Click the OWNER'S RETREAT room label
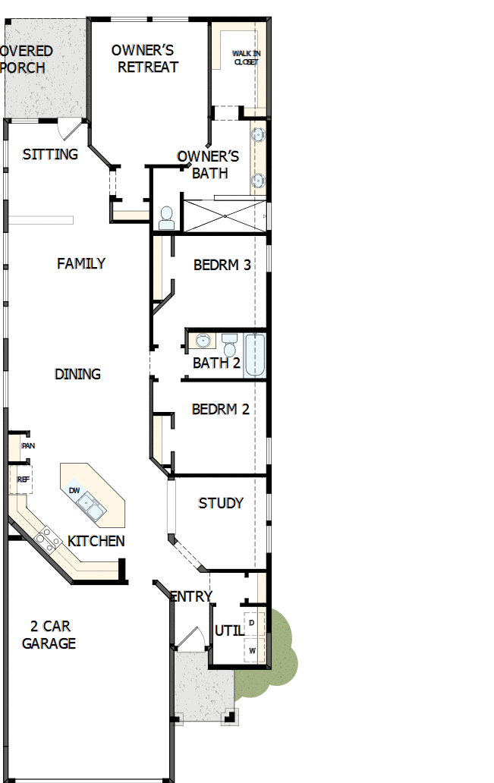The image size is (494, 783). pyautogui.click(x=144, y=58)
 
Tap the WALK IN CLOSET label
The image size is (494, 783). pyautogui.click(x=245, y=57)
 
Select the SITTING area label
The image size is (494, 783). pyautogui.click(x=50, y=154)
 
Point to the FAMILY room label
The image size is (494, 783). pyautogui.click(x=81, y=263)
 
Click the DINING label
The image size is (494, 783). pyautogui.click(x=77, y=374)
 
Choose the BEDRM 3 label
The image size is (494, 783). pyautogui.click(x=222, y=266)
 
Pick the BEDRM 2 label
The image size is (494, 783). pyautogui.click(x=220, y=409)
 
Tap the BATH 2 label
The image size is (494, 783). pyautogui.click(x=216, y=363)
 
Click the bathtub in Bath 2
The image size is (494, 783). pyautogui.click(x=255, y=355)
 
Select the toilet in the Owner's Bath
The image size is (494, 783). pyautogui.click(x=166, y=219)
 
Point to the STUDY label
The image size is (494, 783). pyautogui.click(x=221, y=502)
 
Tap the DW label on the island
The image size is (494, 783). pyautogui.click(x=74, y=491)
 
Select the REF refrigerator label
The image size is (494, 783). pyautogui.click(x=23, y=480)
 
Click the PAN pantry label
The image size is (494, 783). pyautogui.click(x=28, y=446)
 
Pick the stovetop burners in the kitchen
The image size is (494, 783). pyautogui.click(x=47, y=539)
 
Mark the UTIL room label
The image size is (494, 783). pyautogui.click(x=228, y=630)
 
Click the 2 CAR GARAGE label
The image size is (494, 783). pyautogui.click(x=49, y=635)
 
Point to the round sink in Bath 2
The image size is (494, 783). pyautogui.click(x=203, y=340)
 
